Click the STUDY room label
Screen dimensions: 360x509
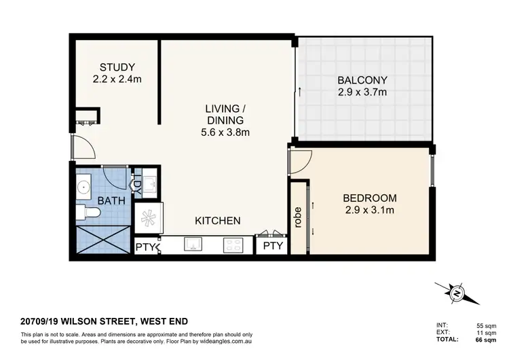tap(117, 67)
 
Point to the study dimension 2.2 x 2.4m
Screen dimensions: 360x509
tap(117, 79)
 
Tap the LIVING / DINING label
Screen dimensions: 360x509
tap(225, 115)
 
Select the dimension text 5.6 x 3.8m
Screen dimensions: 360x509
tap(225, 132)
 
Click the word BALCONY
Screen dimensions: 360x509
tap(362, 79)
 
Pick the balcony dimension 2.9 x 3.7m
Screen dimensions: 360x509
tap(362, 92)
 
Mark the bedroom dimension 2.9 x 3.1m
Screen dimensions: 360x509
tap(369, 210)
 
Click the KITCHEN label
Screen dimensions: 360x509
tap(218, 221)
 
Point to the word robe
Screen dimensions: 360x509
tap(297, 217)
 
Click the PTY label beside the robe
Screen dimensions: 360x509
tap(273, 246)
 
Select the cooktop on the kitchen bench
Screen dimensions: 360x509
tap(233, 245)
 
